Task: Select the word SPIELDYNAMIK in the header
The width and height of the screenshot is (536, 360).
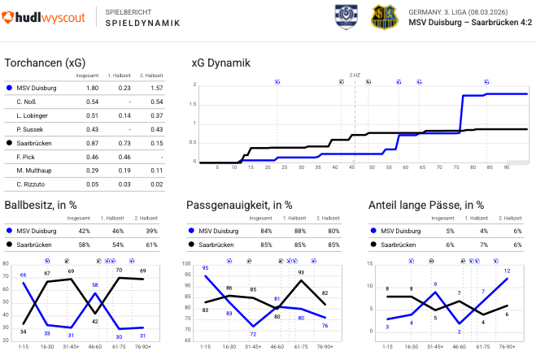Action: click(143, 24)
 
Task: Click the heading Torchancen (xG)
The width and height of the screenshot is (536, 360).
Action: click(46, 63)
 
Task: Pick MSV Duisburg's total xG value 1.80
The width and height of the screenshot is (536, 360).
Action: click(93, 88)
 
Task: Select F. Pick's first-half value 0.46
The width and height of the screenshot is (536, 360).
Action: click(124, 156)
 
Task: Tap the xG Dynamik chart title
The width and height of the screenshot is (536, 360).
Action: click(220, 63)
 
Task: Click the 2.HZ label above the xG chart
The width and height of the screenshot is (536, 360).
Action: click(355, 75)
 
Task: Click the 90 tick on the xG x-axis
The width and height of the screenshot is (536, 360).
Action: click(506, 167)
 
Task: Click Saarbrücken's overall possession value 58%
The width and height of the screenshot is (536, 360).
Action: click(85, 244)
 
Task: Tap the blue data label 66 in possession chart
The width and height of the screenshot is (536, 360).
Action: click(23, 275)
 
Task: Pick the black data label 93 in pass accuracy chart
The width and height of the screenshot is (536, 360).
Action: click(301, 273)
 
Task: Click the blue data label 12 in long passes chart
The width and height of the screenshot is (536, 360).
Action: click(508, 271)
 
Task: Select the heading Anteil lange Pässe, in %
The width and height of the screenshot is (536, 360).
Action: click(426, 206)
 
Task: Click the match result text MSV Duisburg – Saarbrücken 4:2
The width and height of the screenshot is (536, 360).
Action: click(470, 23)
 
